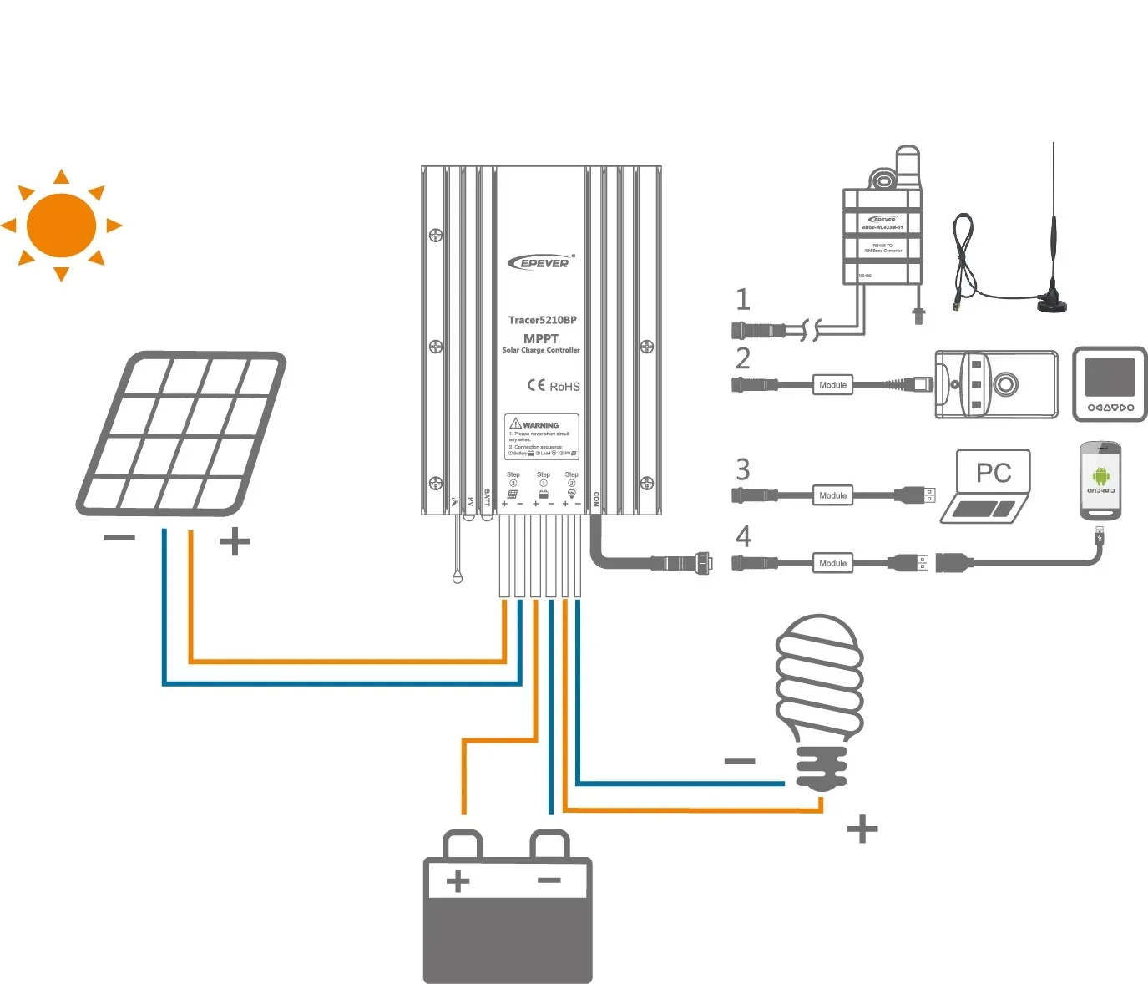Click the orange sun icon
(x=61, y=226)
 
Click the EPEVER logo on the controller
(x=541, y=262)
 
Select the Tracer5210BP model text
(x=542, y=320)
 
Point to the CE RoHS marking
(x=553, y=386)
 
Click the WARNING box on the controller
(x=541, y=437)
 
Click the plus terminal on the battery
(x=458, y=880)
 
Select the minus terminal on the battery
(x=549, y=880)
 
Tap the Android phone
(x=1100, y=481)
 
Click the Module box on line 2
(x=832, y=385)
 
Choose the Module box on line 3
(x=832, y=495)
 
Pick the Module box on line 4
(x=832, y=563)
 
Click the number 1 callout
(x=742, y=299)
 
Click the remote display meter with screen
(x=1110, y=384)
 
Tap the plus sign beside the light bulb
(x=862, y=829)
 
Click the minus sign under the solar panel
(x=119, y=538)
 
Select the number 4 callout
(x=743, y=535)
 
